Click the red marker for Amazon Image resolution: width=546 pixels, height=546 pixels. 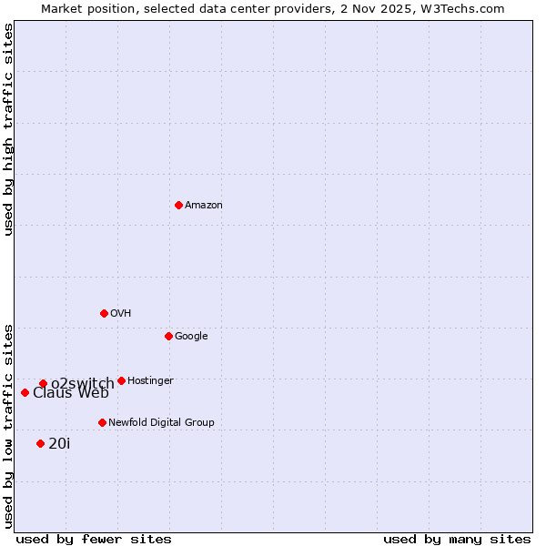pyautogui.click(x=178, y=205)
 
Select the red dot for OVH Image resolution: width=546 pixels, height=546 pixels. pyautogui.click(x=104, y=313)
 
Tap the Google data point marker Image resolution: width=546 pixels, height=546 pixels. pyautogui.click(x=168, y=336)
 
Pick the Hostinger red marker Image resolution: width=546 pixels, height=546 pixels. pyautogui.click(x=121, y=380)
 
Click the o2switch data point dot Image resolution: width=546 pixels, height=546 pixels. pyautogui.click(x=43, y=383)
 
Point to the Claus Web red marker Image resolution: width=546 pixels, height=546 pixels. pyautogui.click(x=25, y=392)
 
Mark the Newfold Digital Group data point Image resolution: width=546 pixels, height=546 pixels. pyautogui.click(x=102, y=422)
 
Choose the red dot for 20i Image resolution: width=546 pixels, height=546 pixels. pyautogui.click(x=40, y=443)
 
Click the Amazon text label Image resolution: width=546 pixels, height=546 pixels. pyautogui.click(x=204, y=206)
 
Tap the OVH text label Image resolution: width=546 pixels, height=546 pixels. pyautogui.click(x=121, y=314)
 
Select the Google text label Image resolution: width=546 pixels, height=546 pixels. pyautogui.click(x=191, y=337)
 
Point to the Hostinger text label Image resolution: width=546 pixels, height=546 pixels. pyautogui.click(x=150, y=381)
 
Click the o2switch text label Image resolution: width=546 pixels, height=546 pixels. pyautogui.click(x=82, y=383)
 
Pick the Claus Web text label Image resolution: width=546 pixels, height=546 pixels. pyautogui.click(x=71, y=393)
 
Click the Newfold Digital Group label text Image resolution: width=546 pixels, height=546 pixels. pyautogui.click(x=161, y=423)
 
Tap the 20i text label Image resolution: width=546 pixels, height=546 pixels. pyautogui.click(x=59, y=444)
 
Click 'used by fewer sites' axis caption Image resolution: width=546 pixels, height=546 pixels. pyautogui.click(x=94, y=540)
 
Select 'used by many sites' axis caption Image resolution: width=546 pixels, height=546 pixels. pyautogui.click(x=457, y=540)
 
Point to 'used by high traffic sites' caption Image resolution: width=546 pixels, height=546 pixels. pyautogui.click(x=8, y=129)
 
